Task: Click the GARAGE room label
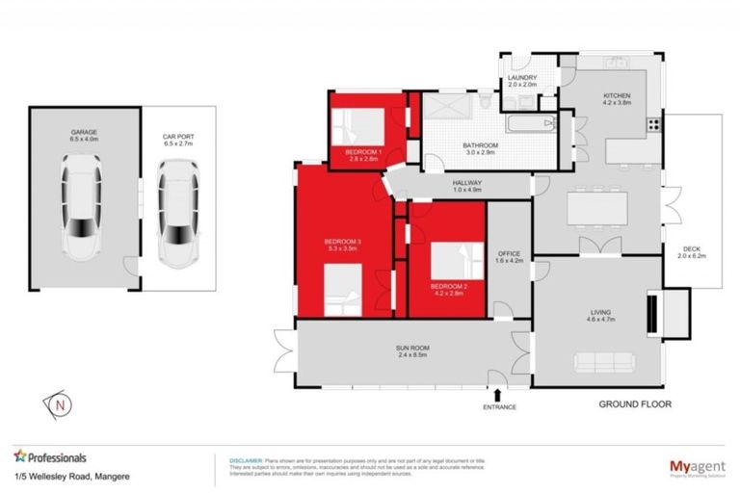pos(83,132)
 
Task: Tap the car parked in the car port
pos(177,213)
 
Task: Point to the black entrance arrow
pos(498,393)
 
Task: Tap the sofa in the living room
pos(603,363)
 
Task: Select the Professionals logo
pos(50,457)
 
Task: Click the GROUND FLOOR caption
pos(635,404)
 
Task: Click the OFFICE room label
pos(508,254)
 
